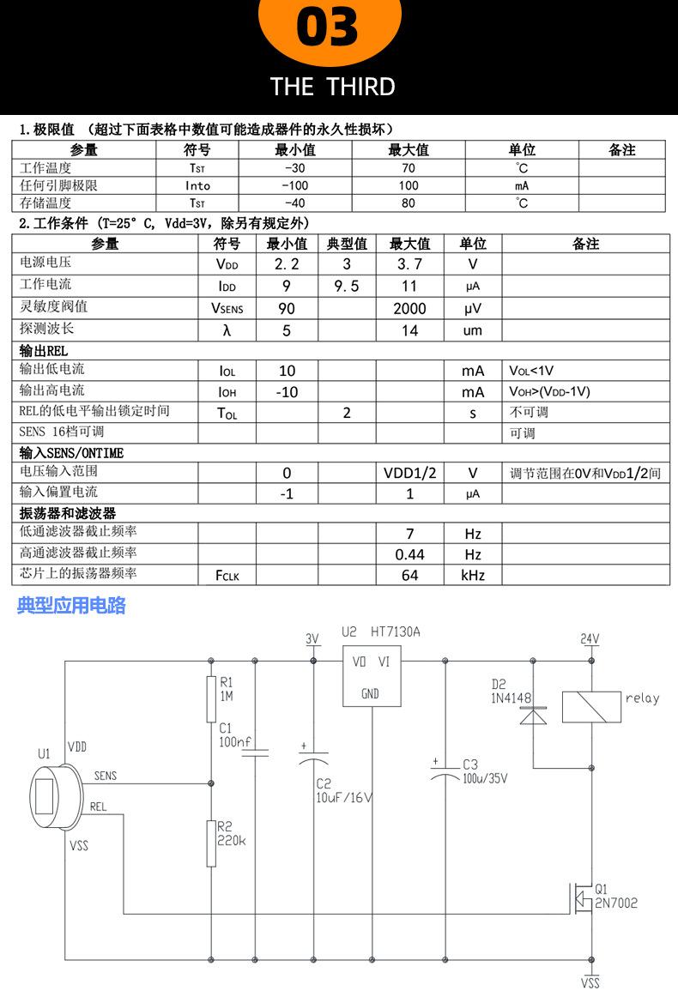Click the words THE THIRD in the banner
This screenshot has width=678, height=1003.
tap(332, 87)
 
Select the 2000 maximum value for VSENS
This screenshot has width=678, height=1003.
tap(409, 308)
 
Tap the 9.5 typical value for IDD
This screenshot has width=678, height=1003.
tap(346, 286)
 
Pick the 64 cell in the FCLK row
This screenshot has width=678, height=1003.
tap(409, 575)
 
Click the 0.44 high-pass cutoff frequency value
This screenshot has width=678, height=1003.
tap(409, 554)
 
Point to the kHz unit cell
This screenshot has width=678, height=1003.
tap(473, 575)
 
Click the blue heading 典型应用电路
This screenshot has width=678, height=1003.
tap(71, 606)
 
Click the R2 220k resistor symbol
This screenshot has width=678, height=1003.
tap(211, 843)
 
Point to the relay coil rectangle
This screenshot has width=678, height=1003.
tap(591, 706)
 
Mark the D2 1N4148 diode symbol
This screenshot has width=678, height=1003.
tap(534, 715)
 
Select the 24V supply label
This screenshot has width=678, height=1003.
tap(590, 639)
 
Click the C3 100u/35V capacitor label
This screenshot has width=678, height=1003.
tap(485, 771)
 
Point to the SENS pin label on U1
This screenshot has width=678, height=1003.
tap(105, 776)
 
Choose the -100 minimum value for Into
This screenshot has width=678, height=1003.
tap(294, 185)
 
